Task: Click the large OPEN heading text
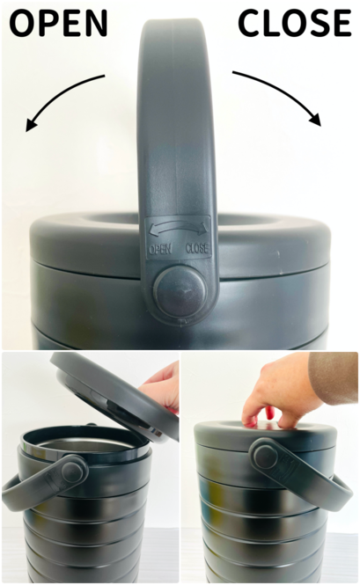[58, 23]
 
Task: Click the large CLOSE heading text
[295, 23]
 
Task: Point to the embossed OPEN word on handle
[160, 249]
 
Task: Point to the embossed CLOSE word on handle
[197, 248]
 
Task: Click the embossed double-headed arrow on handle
[178, 228]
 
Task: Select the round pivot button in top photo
[180, 292]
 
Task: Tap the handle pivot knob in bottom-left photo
[73, 472]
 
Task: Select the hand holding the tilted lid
[160, 386]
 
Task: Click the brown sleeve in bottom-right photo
[334, 377]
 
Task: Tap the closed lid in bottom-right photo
[265, 436]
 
